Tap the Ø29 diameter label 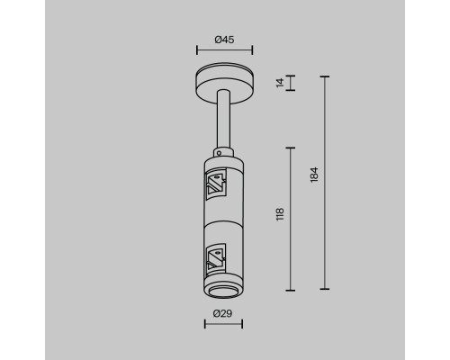click(225, 313)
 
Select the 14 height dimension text click(280, 83)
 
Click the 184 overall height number click(314, 175)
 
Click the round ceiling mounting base click(225, 82)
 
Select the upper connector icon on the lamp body click(216, 184)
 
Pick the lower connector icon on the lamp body click(216, 260)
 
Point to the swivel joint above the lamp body click(225, 150)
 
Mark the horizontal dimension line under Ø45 click(225, 51)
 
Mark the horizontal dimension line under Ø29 click(225, 325)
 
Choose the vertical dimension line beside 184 click(324, 184)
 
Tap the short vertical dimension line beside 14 click(290, 83)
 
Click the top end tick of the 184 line click(324, 76)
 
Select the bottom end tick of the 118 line click(290, 290)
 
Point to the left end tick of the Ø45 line click(198, 51)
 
